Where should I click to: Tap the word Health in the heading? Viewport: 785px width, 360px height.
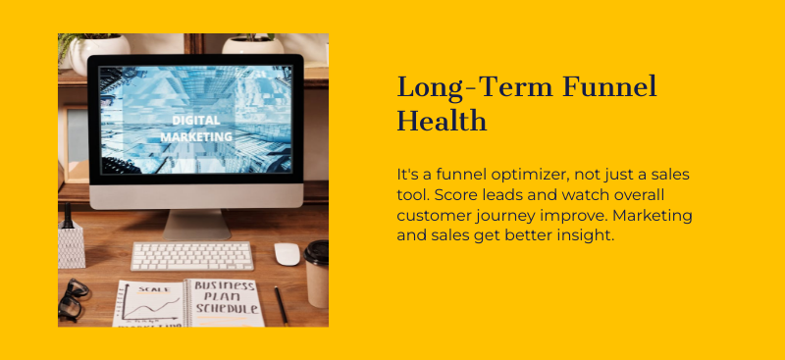tap(442, 121)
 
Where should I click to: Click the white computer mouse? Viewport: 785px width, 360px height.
tap(287, 253)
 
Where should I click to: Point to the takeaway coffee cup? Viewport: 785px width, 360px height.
tap(316, 273)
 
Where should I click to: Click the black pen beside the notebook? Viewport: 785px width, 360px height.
tap(281, 305)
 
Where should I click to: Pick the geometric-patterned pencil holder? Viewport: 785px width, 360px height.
tap(71, 244)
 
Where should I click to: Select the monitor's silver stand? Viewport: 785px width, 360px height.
tap(195, 223)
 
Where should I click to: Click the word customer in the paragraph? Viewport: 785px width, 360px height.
tap(433, 215)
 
